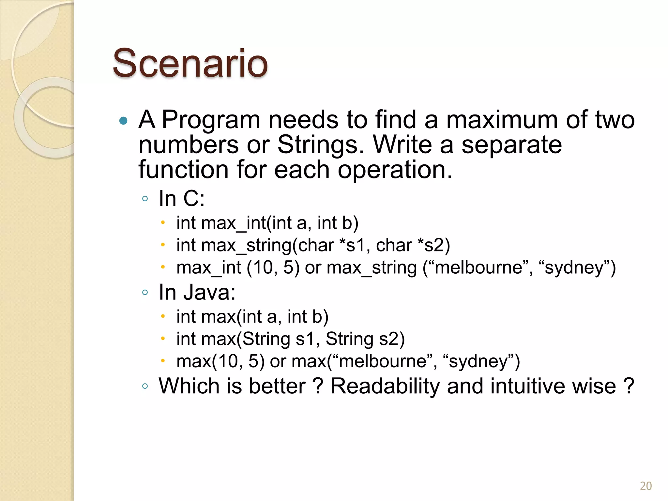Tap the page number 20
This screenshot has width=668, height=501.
coord(645,486)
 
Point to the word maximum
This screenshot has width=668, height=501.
coord(502,120)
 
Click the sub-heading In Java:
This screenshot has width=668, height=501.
coord(197,292)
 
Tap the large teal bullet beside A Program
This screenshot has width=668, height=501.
coord(123,121)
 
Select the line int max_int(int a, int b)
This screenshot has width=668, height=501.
coord(267,223)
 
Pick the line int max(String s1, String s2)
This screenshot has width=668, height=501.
coord(290,339)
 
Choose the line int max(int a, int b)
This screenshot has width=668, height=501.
coord(252,317)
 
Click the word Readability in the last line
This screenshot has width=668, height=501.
coord(385,386)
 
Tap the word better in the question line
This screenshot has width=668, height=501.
coord(277,386)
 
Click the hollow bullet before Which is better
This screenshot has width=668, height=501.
coord(145,386)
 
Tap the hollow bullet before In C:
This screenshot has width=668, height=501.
coord(145,198)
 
